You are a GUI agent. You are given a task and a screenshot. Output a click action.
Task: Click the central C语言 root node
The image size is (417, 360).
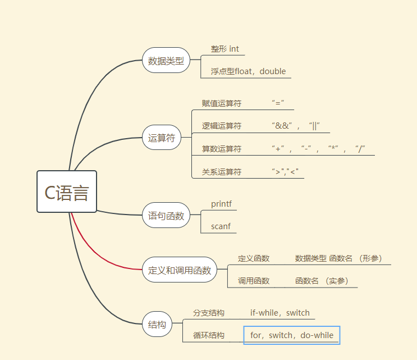point(67,192)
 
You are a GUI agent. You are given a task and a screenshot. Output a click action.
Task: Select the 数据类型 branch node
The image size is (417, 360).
point(166,61)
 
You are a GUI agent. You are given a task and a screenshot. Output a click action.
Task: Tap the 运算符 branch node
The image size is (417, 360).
point(162,138)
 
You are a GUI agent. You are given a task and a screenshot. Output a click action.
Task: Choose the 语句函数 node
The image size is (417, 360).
point(166,215)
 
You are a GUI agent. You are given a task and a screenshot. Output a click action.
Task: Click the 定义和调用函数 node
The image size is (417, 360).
point(180,270)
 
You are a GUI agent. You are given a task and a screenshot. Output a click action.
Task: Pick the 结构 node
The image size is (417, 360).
point(157,325)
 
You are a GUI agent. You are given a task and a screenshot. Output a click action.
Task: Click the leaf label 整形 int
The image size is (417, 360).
point(224,49)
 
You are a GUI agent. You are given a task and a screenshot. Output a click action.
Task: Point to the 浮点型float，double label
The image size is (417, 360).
point(248,71)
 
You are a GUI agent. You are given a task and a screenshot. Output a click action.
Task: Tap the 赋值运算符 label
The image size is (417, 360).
point(222,103)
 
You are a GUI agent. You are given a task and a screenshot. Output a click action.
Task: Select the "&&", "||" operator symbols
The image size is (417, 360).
point(296,126)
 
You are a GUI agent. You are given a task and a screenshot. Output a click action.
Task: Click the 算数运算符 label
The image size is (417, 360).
point(222,149)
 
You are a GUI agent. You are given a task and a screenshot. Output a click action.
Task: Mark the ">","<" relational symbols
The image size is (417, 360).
point(285,172)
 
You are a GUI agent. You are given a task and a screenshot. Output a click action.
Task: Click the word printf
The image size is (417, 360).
point(221,204)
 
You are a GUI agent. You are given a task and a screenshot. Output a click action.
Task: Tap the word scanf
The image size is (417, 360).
point(220,226)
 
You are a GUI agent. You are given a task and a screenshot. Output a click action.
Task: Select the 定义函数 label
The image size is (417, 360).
point(254,258)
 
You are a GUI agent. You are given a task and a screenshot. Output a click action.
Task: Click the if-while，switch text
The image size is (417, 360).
point(279,313)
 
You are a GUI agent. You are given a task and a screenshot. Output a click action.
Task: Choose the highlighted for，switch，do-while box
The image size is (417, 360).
point(292,335)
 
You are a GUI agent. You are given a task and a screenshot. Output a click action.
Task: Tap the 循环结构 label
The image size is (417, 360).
point(209,335)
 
